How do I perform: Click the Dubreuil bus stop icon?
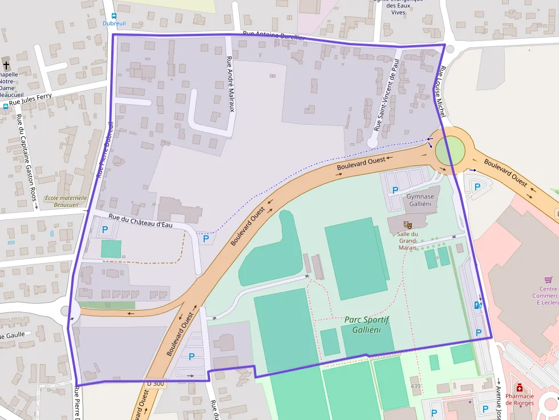click(114, 16)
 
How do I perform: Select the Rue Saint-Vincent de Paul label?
click(386, 94)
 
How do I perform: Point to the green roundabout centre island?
click(450, 152)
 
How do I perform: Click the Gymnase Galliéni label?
click(420, 200)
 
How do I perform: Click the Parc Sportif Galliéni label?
click(366, 325)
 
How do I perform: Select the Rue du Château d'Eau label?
click(140, 221)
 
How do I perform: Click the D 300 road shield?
click(155, 384)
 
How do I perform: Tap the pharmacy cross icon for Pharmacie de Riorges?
click(519, 388)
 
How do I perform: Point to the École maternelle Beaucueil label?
click(67, 201)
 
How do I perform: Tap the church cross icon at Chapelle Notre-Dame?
click(6, 64)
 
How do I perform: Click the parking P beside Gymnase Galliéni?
click(395, 189)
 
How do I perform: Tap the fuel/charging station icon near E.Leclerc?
click(478, 305)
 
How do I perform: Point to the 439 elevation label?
click(416, 386)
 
